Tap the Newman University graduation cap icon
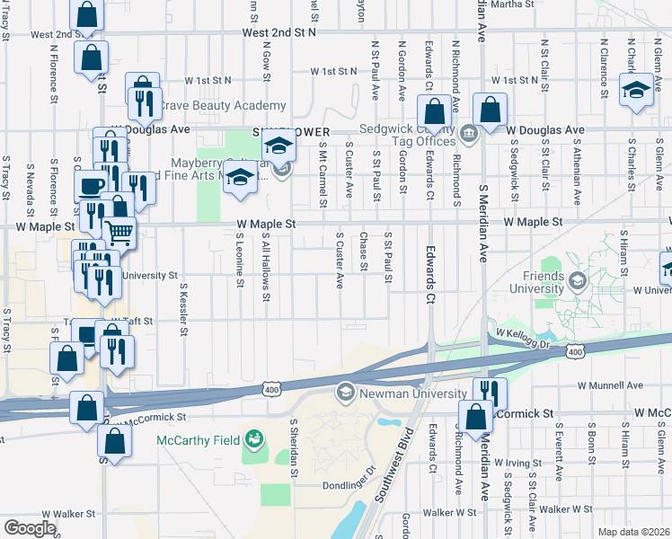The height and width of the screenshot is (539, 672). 345,392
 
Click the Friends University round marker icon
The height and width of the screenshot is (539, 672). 575,282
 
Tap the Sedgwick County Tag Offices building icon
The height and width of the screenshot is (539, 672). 470,135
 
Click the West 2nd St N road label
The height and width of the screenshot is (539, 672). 279,32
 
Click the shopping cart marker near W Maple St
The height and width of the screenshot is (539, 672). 119,232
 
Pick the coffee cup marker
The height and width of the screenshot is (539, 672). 90,186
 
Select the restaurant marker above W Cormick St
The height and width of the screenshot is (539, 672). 490,391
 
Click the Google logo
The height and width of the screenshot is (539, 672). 30,528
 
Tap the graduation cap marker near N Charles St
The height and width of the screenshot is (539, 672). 637,90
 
